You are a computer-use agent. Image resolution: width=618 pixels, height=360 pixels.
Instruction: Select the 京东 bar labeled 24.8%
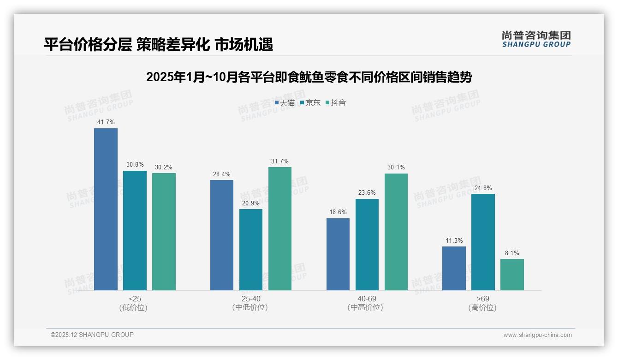[x=483, y=242]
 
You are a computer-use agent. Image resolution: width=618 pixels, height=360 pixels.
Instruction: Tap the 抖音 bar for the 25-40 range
[x=280, y=228]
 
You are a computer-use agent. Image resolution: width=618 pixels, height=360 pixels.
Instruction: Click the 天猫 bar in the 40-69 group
[x=338, y=254]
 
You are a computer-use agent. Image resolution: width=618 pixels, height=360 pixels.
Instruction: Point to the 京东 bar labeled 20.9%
[x=251, y=249]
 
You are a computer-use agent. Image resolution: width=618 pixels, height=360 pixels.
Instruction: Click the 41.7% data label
[x=106, y=122]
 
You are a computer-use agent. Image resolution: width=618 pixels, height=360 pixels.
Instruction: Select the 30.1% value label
[x=396, y=168]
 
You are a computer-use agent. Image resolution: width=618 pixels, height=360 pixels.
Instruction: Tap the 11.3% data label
[x=454, y=241]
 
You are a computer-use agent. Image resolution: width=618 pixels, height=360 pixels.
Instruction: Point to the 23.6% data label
[x=367, y=193]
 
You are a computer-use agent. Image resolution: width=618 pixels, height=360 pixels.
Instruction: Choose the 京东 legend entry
[x=310, y=103]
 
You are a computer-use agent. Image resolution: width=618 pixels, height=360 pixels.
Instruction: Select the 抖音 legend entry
[x=336, y=103]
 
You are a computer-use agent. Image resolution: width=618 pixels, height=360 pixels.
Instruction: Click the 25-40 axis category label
[x=250, y=299]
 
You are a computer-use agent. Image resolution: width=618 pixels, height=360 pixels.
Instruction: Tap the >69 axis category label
[x=483, y=299]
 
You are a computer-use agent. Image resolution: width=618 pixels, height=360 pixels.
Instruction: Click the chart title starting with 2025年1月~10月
[x=309, y=77]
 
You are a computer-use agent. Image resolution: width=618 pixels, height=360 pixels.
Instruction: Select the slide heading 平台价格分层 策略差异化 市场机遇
[x=159, y=45]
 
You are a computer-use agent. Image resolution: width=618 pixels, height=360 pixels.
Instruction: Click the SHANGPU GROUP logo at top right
[x=536, y=39]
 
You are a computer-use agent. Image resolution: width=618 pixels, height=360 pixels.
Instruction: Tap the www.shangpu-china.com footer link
[x=537, y=335]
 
